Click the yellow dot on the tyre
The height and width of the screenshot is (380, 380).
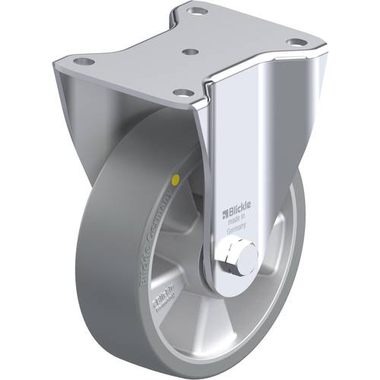(x=177, y=180)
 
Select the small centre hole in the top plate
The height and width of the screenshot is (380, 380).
(x=192, y=52)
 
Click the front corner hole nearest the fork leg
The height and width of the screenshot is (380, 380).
(x=183, y=92)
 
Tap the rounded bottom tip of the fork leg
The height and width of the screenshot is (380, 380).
(x=228, y=283)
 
